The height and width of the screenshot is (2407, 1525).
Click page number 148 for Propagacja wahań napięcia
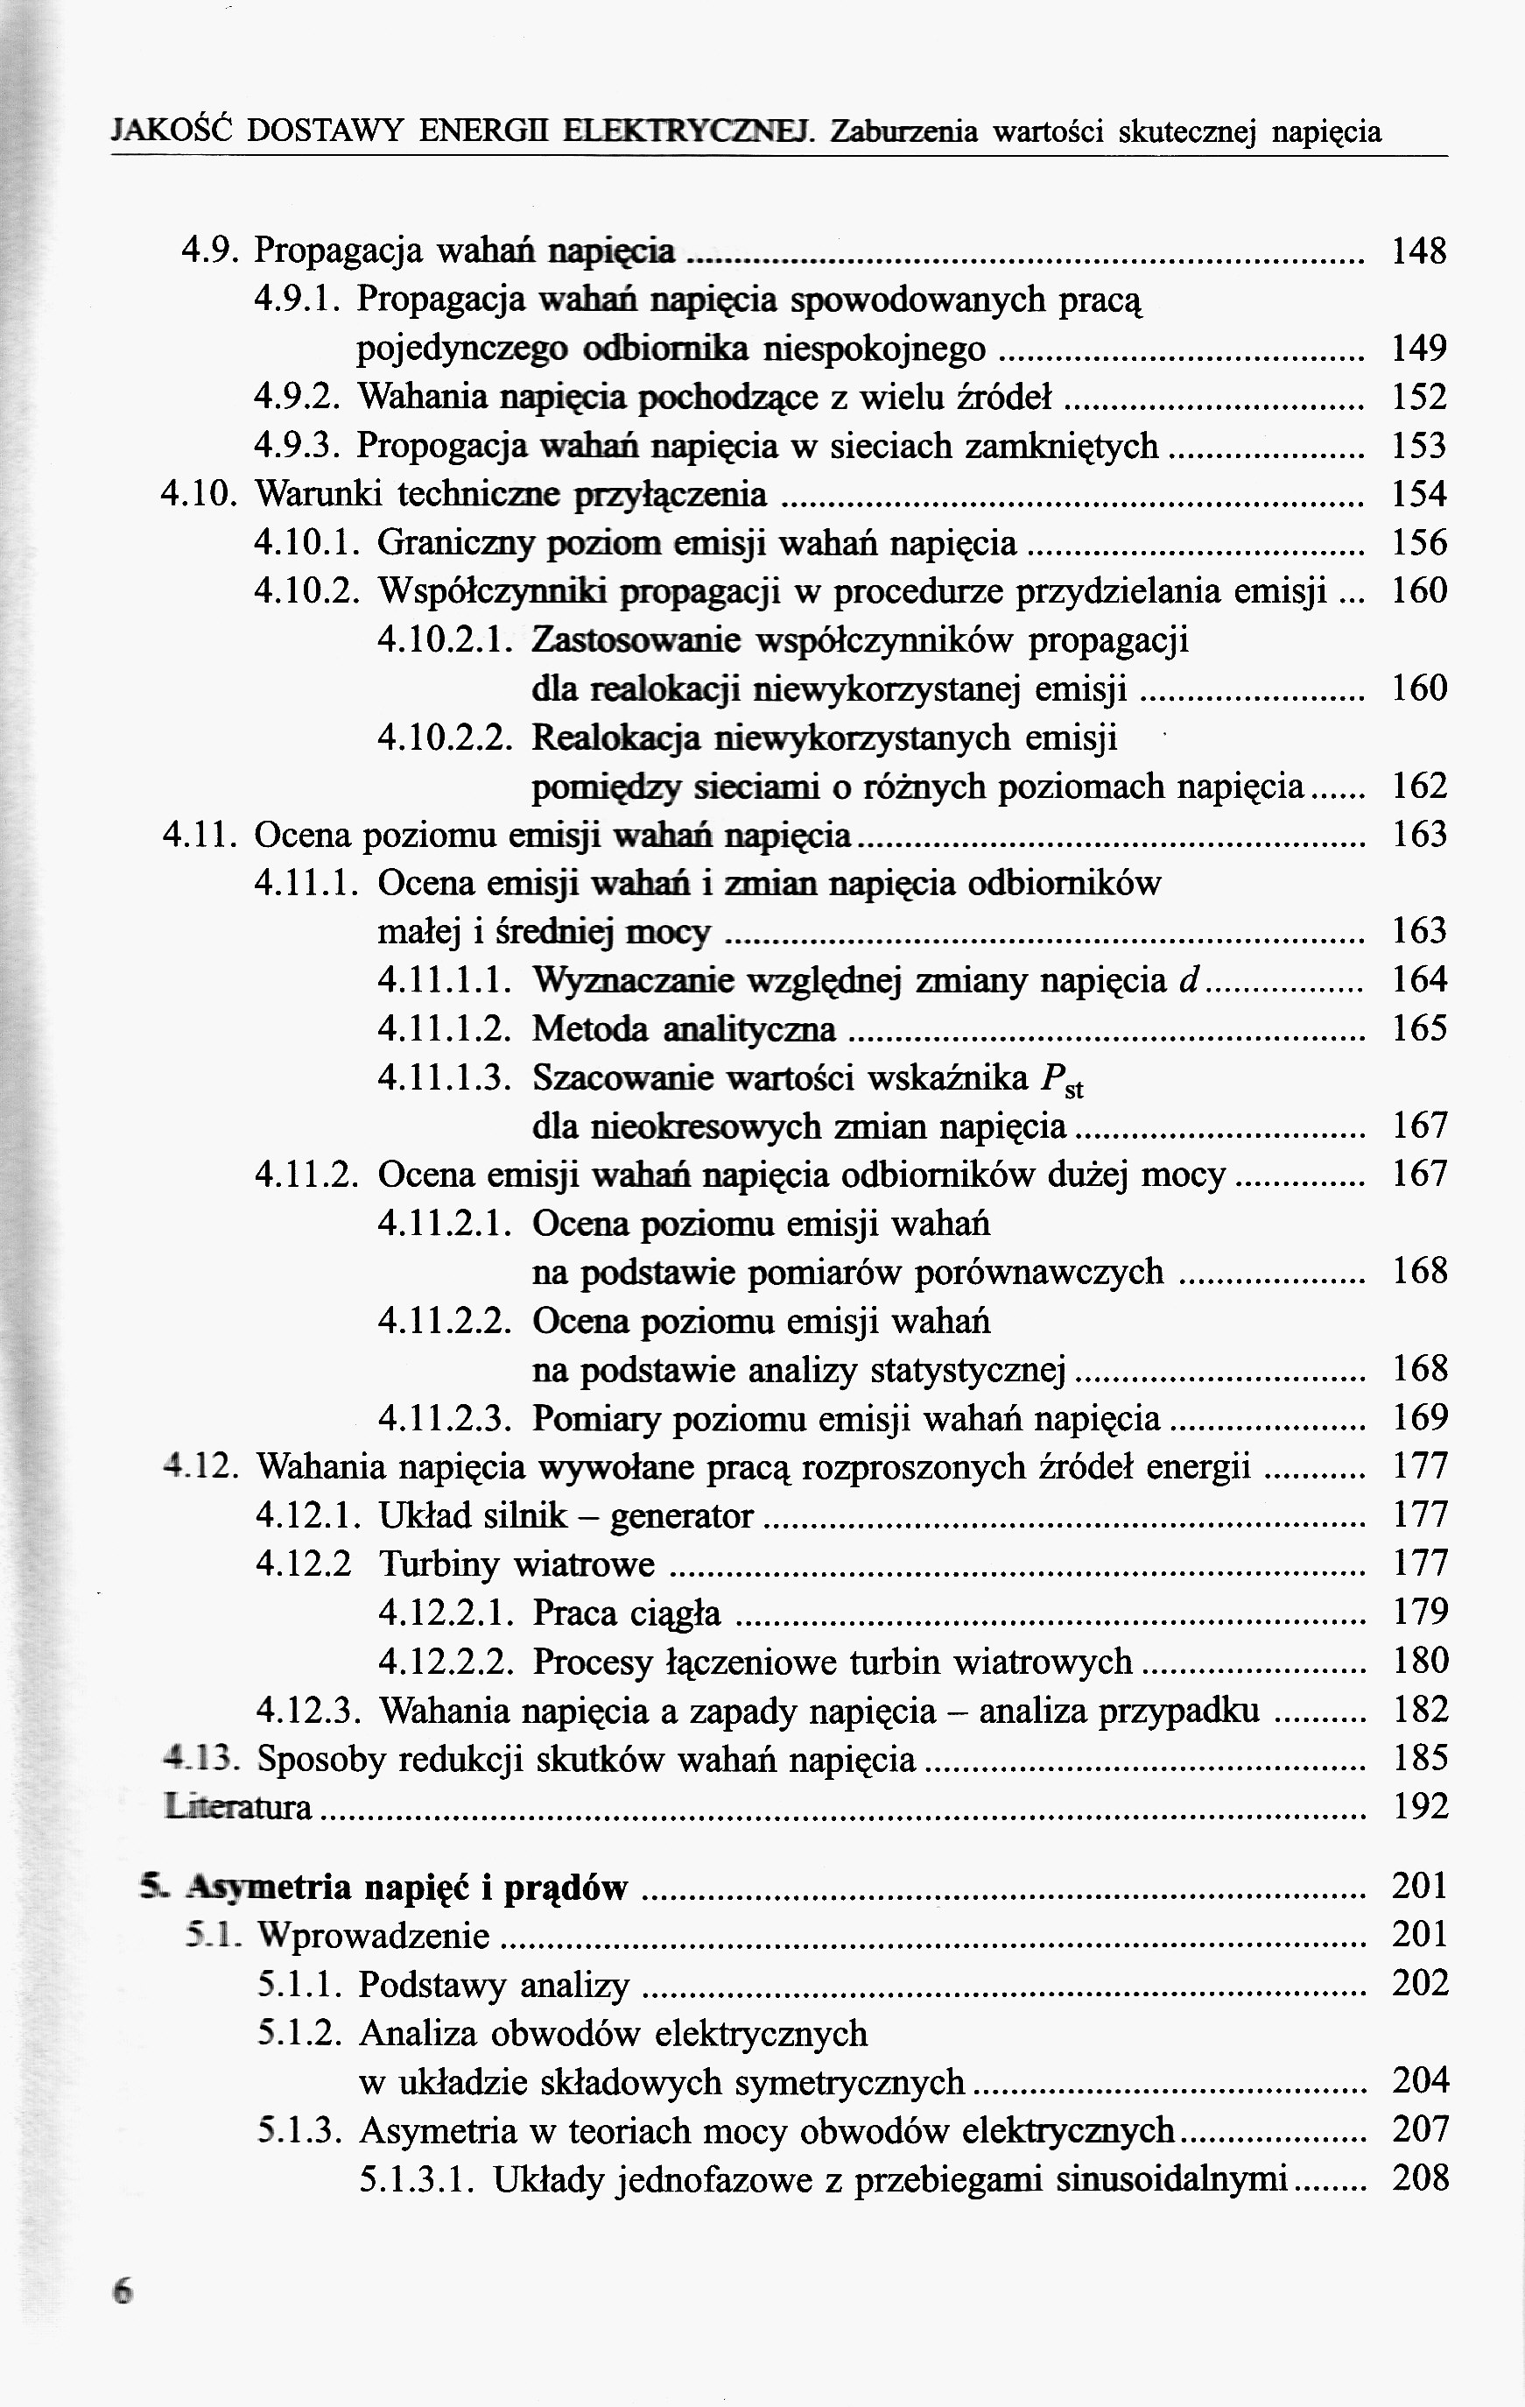coord(1419,251)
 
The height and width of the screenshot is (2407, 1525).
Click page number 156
coord(1419,544)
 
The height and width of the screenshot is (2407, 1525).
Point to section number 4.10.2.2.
coord(446,738)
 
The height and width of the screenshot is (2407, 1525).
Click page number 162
coord(1419,787)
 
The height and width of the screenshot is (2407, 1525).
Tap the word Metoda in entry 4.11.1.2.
coord(590,1028)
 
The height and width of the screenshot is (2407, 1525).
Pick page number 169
coord(1419,1417)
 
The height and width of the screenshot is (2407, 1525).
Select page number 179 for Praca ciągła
coord(1419,1613)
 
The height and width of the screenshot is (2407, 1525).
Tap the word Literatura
coord(238,1807)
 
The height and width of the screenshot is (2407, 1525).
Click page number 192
coord(1419,1807)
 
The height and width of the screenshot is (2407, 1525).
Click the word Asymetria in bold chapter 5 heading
coord(270,1888)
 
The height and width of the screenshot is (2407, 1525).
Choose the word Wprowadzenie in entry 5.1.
coord(374,1936)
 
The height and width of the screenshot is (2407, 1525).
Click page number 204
coord(1419,2082)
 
